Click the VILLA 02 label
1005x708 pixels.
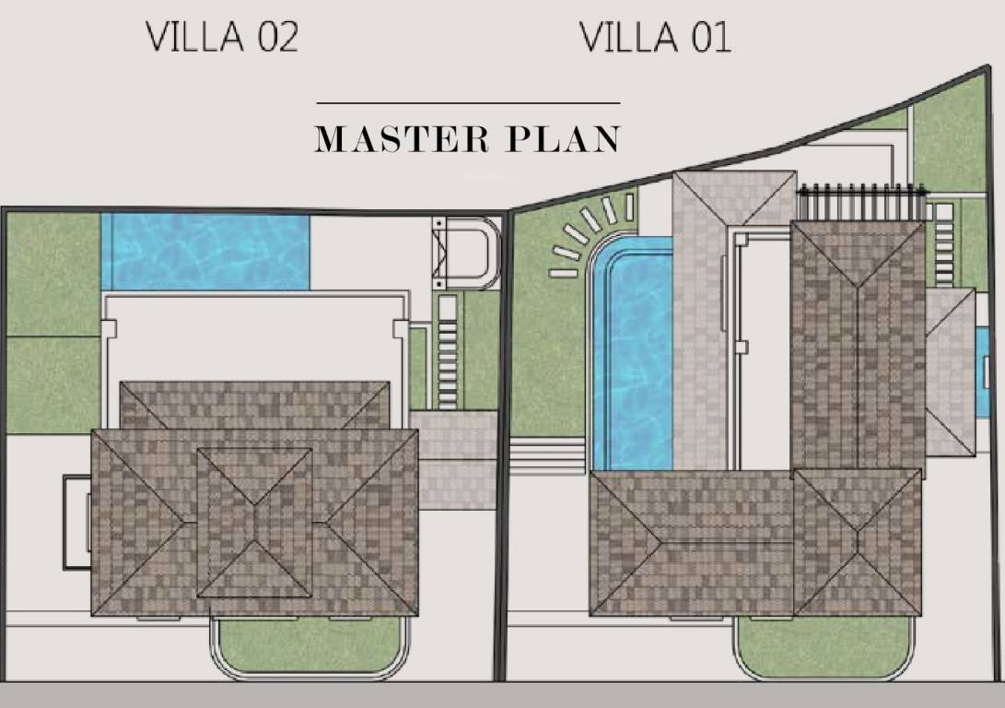click(x=223, y=38)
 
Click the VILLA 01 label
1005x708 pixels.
click(x=655, y=38)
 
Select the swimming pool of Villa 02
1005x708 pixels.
click(x=205, y=251)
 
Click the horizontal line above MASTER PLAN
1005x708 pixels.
click(x=468, y=103)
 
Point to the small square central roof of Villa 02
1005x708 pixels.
click(x=255, y=522)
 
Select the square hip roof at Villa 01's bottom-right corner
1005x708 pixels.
click(x=857, y=542)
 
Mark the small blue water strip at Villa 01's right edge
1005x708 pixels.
click(x=982, y=372)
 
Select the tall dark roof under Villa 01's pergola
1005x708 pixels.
click(x=858, y=346)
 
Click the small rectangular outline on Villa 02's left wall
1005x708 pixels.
click(x=76, y=521)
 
